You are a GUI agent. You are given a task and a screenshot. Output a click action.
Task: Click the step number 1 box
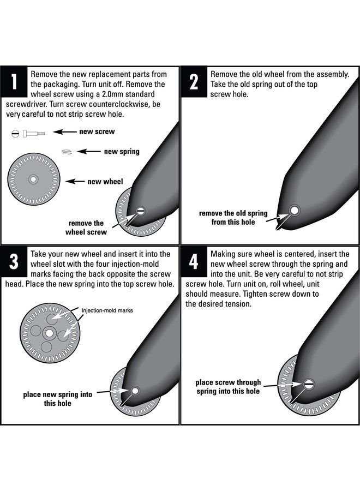point(14,81)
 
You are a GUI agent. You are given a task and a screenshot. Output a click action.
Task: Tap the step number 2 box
point(194,81)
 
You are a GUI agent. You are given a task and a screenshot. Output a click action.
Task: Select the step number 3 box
point(14,261)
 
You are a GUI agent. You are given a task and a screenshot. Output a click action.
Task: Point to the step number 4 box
point(194,261)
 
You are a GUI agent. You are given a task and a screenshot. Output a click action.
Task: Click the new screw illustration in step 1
point(28,134)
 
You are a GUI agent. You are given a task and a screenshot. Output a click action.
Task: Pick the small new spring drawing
point(67,152)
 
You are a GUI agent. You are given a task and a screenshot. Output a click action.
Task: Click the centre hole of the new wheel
point(33,179)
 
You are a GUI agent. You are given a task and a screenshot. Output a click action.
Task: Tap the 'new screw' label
point(97,131)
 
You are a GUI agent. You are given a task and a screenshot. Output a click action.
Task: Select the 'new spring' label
point(122,152)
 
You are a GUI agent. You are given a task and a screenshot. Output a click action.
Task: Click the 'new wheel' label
point(105,181)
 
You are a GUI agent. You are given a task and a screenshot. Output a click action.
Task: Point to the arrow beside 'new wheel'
point(75,181)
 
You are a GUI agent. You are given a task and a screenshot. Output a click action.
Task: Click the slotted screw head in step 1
point(141,211)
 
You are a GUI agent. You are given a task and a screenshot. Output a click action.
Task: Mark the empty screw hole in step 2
point(294,210)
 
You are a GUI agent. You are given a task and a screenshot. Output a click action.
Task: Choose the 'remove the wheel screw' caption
point(86,227)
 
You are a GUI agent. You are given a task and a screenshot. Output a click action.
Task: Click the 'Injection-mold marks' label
point(107,310)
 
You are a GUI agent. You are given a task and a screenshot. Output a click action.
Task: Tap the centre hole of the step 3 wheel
point(50,333)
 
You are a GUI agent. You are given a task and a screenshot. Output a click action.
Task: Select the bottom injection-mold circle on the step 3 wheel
point(46,347)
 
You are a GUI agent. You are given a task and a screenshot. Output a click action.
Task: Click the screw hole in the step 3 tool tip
point(135,391)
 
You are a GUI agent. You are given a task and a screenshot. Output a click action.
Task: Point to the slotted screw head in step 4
point(309,384)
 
